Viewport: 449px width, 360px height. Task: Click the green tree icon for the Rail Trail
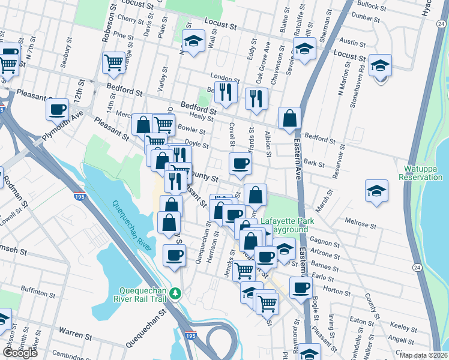175,293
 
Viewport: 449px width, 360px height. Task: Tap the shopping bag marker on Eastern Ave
290,119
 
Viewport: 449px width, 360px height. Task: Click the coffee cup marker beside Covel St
240,164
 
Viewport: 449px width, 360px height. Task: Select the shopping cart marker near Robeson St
113,62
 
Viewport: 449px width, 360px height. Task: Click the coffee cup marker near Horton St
301,287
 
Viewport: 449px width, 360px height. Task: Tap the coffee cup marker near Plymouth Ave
58,110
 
